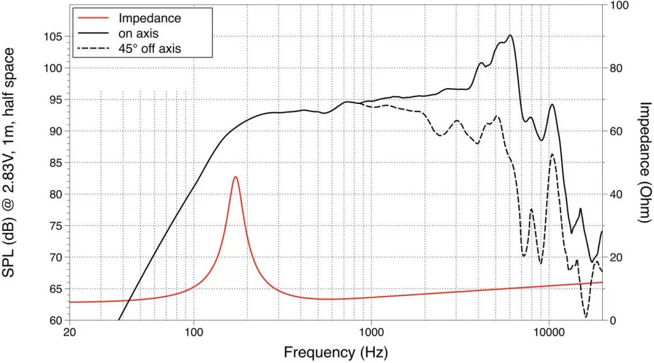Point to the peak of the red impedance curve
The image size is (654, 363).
pyautogui.click(x=236, y=177)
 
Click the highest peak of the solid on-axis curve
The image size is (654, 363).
pyautogui.click(x=510, y=36)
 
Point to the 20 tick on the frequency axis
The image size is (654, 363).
pyautogui.click(x=70, y=333)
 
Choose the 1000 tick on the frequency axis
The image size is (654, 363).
pyautogui.click(x=372, y=333)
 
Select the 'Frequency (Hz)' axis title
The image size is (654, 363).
pyautogui.click(x=335, y=352)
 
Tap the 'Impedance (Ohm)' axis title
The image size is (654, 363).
pyautogui.click(x=644, y=163)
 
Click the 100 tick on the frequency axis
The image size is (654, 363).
pyautogui.click(x=194, y=333)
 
